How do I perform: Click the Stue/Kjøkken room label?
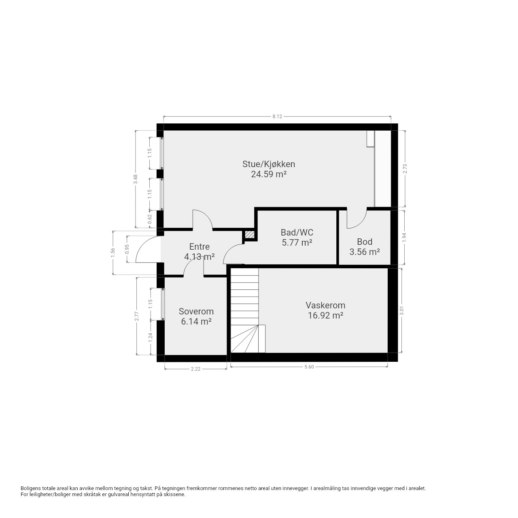click(x=269, y=164)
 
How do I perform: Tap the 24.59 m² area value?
click(x=269, y=174)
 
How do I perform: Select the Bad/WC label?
click(x=297, y=232)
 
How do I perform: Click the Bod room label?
click(x=365, y=242)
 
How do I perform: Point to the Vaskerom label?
click(x=325, y=305)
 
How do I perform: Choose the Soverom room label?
click(x=196, y=311)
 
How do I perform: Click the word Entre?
click(x=199, y=246)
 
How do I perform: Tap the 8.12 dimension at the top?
click(x=277, y=117)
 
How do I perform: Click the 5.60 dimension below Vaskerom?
click(x=309, y=367)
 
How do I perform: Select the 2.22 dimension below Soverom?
click(x=196, y=369)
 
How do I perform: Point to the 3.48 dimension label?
click(x=136, y=179)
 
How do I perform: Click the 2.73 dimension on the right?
click(x=405, y=168)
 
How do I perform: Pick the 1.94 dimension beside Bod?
click(x=405, y=238)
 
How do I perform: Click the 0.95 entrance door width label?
click(x=127, y=249)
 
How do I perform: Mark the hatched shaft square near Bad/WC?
click(x=250, y=234)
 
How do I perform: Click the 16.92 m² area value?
click(x=325, y=315)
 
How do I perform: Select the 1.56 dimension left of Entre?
click(x=113, y=253)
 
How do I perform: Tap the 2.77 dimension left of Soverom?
click(x=136, y=316)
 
